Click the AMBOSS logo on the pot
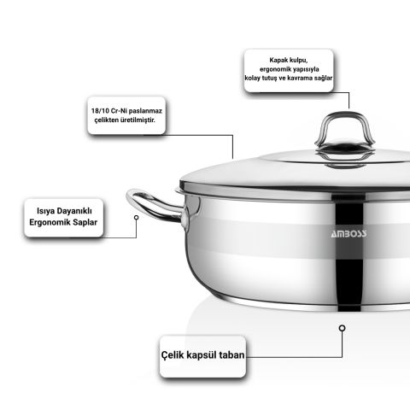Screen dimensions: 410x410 click(348, 234)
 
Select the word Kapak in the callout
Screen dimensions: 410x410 click(278, 61)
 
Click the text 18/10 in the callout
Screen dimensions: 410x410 click(99, 111)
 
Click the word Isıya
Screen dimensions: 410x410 click(46, 212)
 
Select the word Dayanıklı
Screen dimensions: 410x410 click(74, 211)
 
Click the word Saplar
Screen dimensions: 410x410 click(85, 222)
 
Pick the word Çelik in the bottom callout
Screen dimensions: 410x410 click(171, 355)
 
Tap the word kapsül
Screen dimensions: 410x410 click(201, 355)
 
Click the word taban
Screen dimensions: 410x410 click(232, 355)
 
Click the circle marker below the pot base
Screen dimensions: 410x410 click(343, 328)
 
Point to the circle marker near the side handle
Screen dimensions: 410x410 click(137, 218)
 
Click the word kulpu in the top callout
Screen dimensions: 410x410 click(299, 61)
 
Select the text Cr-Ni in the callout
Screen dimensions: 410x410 click(115, 111)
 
